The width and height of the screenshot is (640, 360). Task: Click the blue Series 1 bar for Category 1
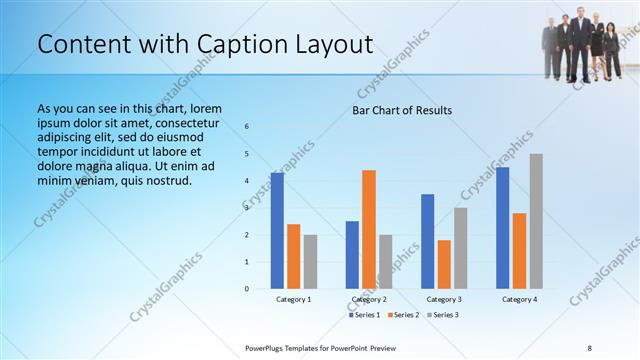(277, 231)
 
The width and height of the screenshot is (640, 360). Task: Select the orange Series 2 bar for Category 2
(369, 229)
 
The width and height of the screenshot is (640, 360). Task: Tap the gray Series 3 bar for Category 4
(536, 221)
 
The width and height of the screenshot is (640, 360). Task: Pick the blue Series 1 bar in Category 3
(428, 241)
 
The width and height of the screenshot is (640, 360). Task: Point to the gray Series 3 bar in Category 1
(310, 262)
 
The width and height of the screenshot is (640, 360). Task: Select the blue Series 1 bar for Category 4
(503, 228)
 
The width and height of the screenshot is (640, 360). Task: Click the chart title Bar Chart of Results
(402, 110)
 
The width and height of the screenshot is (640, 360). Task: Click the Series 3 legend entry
(442, 315)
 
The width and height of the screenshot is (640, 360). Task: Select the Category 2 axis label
(369, 299)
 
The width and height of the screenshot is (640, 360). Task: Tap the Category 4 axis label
(519, 299)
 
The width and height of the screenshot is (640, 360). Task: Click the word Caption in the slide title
(227, 44)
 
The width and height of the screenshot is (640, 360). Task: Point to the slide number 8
(589, 347)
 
